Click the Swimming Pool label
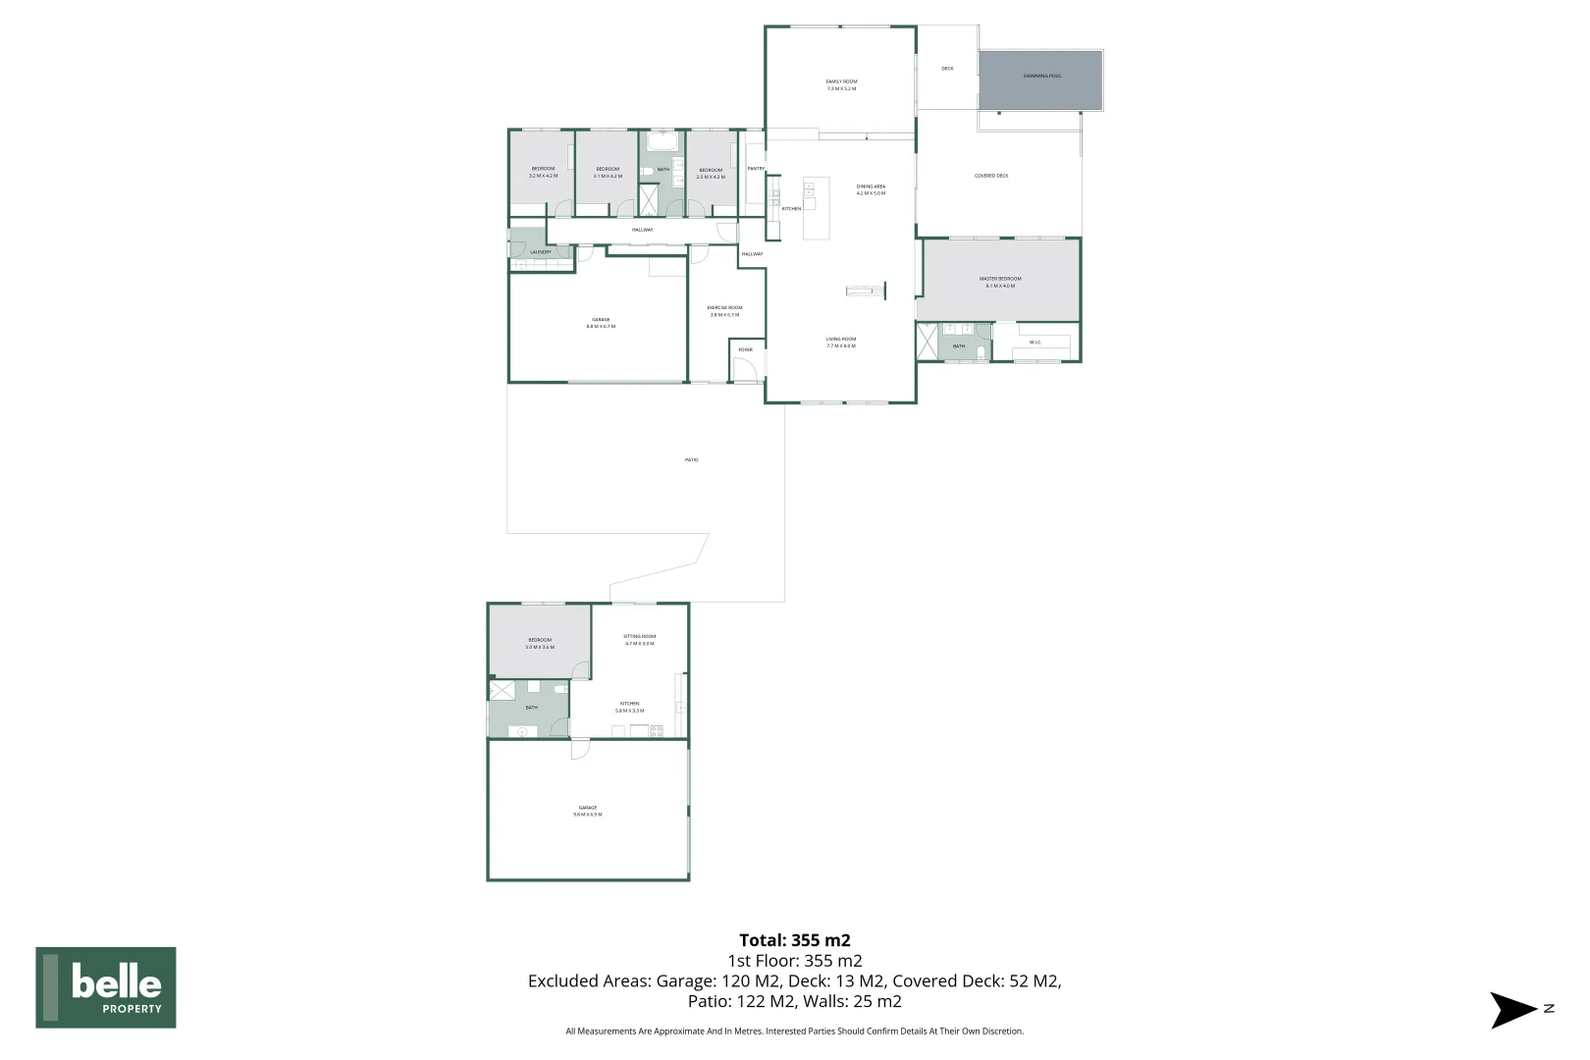point(1041,76)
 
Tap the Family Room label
point(841,84)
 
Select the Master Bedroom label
point(1000,282)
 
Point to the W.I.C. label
point(1034,343)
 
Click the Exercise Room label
point(724,311)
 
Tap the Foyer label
point(745,349)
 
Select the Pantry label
point(756,169)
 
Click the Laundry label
point(540,252)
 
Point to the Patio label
point(691,460)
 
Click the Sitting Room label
point(639,640)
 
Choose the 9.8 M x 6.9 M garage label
point(587,811)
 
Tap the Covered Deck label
point(990,176)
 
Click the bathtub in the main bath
point(662,143)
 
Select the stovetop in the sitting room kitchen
point(656,729)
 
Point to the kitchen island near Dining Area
point(816,207)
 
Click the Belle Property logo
point(106,987)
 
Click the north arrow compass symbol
point(1512,1009)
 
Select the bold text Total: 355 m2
point(794,940)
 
